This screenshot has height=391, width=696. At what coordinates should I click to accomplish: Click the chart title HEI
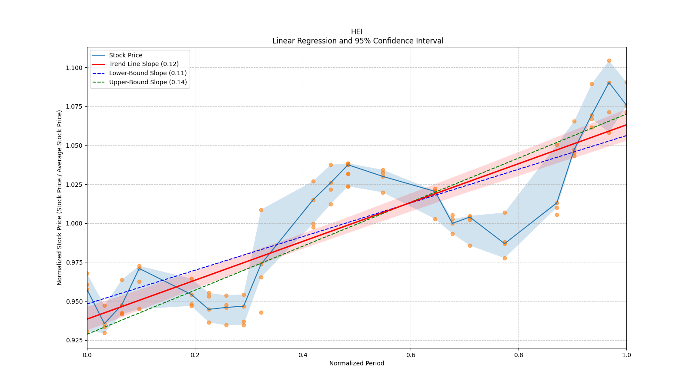click(357, 32)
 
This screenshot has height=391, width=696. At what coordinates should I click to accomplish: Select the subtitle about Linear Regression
click(358, 41)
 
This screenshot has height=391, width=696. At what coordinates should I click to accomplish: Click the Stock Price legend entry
click(126, 55)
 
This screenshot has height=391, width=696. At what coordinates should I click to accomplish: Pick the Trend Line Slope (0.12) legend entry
click(144, 64)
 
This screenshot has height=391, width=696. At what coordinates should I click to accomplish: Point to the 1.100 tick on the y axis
click(74, 68)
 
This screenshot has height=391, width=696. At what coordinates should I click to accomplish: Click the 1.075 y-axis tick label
click(74, 106)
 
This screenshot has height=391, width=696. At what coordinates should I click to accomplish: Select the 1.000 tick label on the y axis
click(74, 223)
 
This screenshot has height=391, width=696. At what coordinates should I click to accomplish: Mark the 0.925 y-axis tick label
click(74, 340)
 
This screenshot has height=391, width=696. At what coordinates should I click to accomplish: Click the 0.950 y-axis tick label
click(74, 302)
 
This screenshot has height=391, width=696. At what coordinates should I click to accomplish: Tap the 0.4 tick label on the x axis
click(303, 355)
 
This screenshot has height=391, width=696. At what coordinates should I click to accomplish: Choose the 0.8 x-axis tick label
click(519, 355)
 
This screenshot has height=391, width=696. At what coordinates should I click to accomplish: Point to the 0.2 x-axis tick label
click(195, 355)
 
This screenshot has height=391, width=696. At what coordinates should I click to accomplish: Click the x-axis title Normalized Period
click(357, 363)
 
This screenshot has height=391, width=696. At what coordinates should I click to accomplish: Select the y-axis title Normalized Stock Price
click(60, 197)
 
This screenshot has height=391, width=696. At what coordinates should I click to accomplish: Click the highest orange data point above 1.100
click(609, 60)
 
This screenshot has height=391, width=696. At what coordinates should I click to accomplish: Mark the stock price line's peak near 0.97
click(609, 82)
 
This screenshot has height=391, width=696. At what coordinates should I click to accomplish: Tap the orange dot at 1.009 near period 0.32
click(261, 210)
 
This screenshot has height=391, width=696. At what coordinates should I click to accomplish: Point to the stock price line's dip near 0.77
click(505, 243)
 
